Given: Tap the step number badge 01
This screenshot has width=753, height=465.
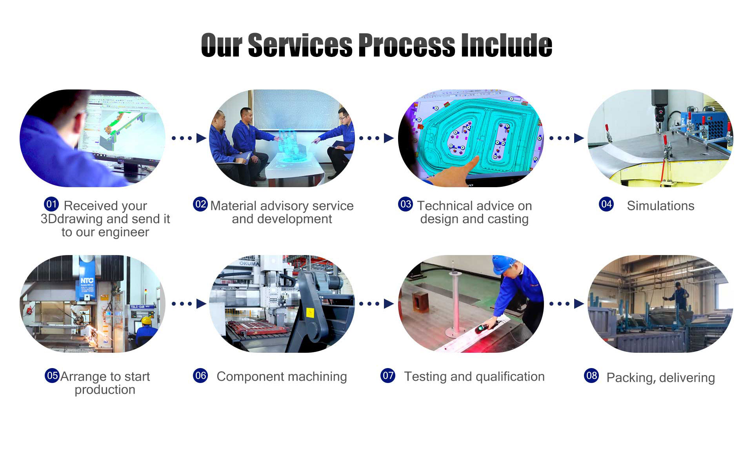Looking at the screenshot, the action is (x=51, y=204).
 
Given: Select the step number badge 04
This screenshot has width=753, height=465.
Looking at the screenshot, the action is (x=606, y=204).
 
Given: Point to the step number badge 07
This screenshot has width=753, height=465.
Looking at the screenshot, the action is (x=388, y=376).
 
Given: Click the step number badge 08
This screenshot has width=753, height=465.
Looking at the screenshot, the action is (x=591, y=376).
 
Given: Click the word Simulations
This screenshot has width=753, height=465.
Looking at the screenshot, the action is (x=660, y=206).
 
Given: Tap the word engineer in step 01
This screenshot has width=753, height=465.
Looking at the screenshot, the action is (x=124, y=233).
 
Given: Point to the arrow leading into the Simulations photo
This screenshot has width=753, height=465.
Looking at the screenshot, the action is (x=567, y=138).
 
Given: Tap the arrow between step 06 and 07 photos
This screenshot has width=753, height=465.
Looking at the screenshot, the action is (x=377, y=304).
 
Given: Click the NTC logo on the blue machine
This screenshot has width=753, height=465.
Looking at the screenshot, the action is (x=87, y=280).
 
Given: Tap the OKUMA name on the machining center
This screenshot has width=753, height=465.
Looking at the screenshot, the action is (x=249, y=264).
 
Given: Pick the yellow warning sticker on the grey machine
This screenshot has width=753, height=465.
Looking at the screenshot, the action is (x=309, y=313).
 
